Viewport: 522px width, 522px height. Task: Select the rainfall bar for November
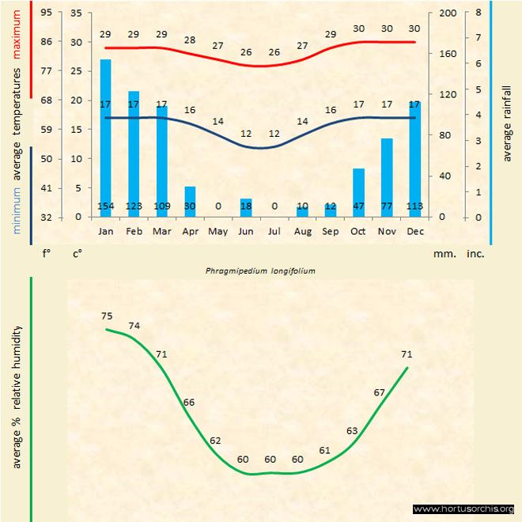coord(387,174)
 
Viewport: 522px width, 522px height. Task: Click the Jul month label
coord(274,232)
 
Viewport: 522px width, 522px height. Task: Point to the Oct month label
coord(359,232)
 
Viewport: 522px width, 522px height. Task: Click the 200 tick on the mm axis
coord(448,13)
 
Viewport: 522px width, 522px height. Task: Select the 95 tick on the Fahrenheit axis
coord(47,13)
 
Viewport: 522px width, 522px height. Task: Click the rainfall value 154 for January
coord(105,206)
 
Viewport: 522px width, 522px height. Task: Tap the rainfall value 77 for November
coord(387,206)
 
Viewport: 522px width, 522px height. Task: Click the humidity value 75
coord(107,316)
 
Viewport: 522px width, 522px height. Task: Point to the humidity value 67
coord(380,392)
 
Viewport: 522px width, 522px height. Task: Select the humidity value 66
coord(188,403)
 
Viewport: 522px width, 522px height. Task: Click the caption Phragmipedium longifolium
coord(261,270)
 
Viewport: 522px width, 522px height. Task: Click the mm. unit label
coord(444,255)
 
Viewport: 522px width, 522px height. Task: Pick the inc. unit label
coord(475,255)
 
